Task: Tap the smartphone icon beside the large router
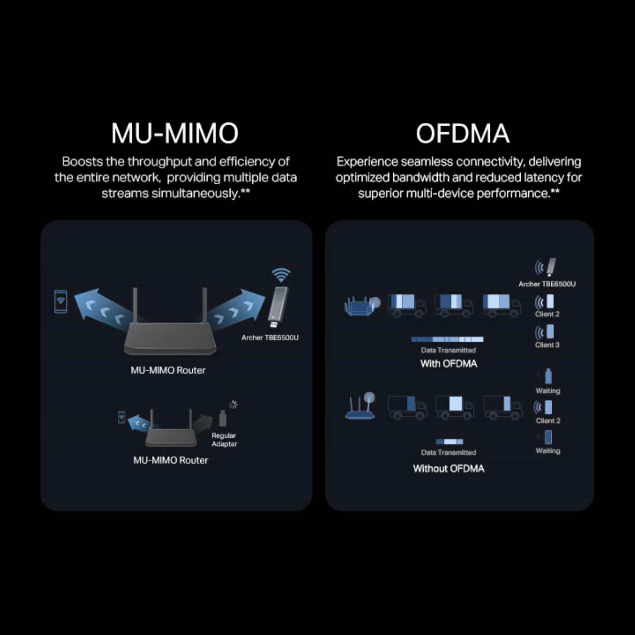coord(61,301)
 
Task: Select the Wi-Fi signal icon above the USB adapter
coord(281,275)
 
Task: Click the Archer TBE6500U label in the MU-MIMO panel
coord(270,337)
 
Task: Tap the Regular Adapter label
coord(224,439)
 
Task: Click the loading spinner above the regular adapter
coord(233,404)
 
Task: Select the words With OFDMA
coord(449,364)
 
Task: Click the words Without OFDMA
coord(449,469)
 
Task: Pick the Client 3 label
coord(547,345)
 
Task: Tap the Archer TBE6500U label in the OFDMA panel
coord(547,284)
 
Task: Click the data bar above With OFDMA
coord(447,339)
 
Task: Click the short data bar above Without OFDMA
coord(449,442)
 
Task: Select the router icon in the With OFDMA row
coord(362,306)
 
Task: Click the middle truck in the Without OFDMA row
coord(455,407)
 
